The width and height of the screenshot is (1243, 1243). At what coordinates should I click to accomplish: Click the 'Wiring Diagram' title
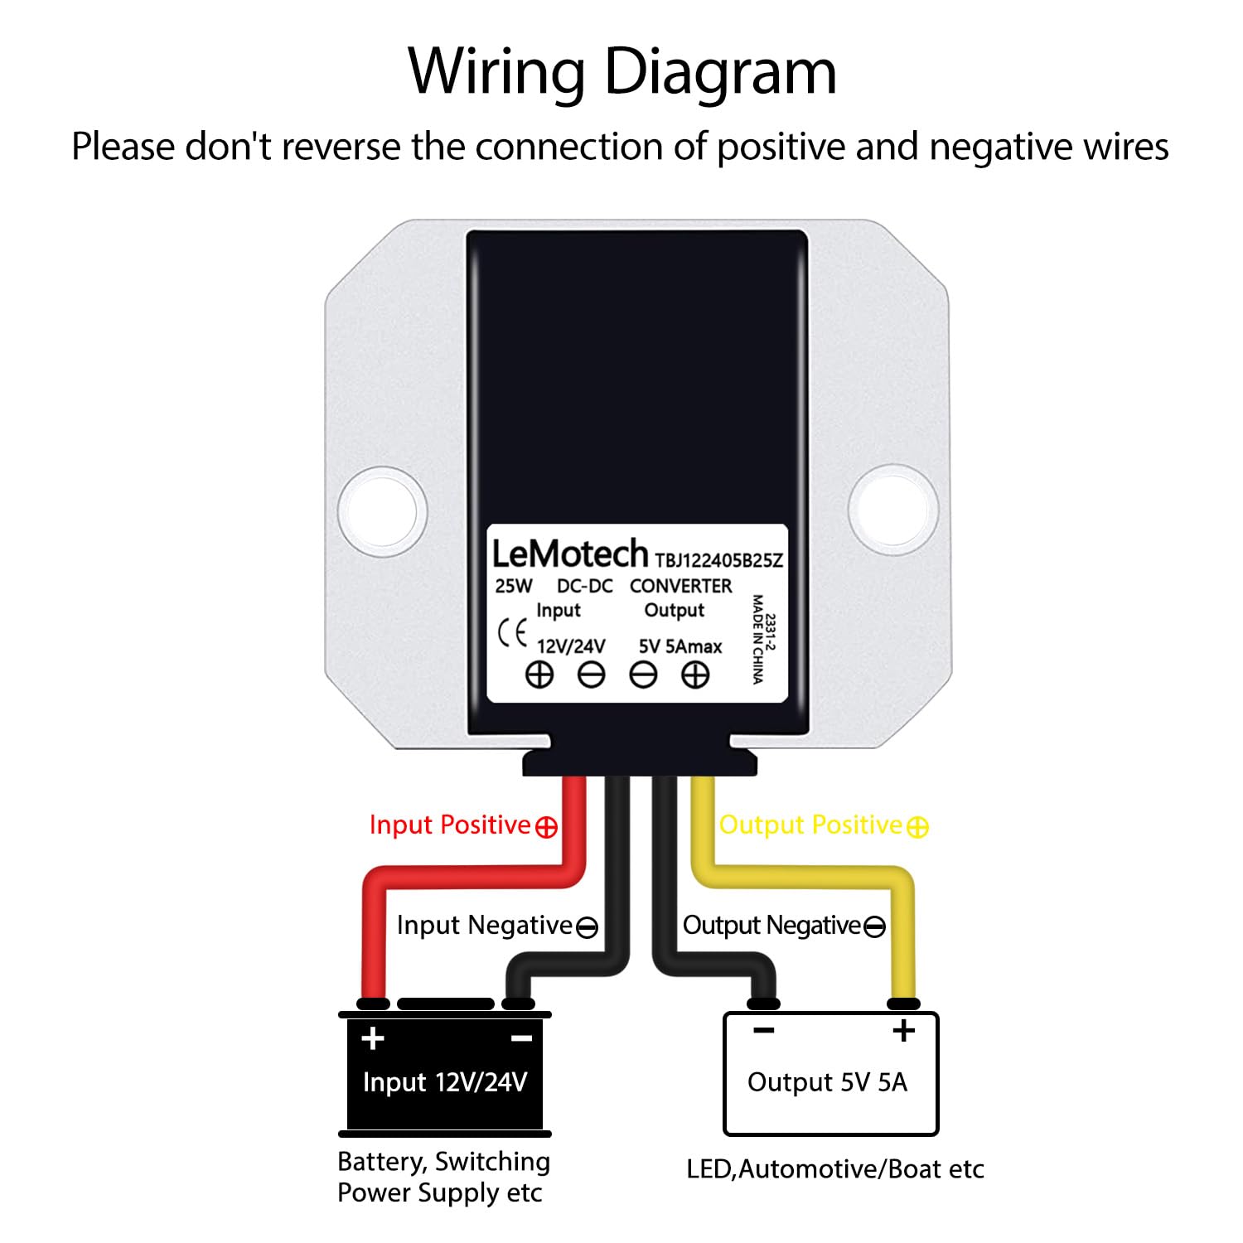[622, 72]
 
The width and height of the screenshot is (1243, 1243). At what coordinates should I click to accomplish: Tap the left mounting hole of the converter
[382, 509]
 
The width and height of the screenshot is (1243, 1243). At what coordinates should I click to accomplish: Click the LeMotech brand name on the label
[569, 554]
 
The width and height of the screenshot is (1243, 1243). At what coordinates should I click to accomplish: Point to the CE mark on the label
[511, 634]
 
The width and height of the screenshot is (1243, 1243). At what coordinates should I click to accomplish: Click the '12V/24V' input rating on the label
[570, 646]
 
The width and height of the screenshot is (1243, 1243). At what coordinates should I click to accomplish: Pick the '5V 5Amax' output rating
[680, 646]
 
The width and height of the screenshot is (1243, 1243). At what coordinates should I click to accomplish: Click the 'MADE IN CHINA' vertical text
[757, 639]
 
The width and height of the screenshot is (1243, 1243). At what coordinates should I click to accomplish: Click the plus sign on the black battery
[373, 1038]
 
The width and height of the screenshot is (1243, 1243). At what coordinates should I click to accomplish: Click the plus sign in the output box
[904, 1031]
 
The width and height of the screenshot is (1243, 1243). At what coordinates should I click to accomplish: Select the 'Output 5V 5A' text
[827, 1082]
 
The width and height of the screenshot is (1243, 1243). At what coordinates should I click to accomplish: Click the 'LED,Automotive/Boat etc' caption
[834, 1169]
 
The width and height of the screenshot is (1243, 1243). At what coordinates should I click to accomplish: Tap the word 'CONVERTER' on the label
[680, 587]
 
